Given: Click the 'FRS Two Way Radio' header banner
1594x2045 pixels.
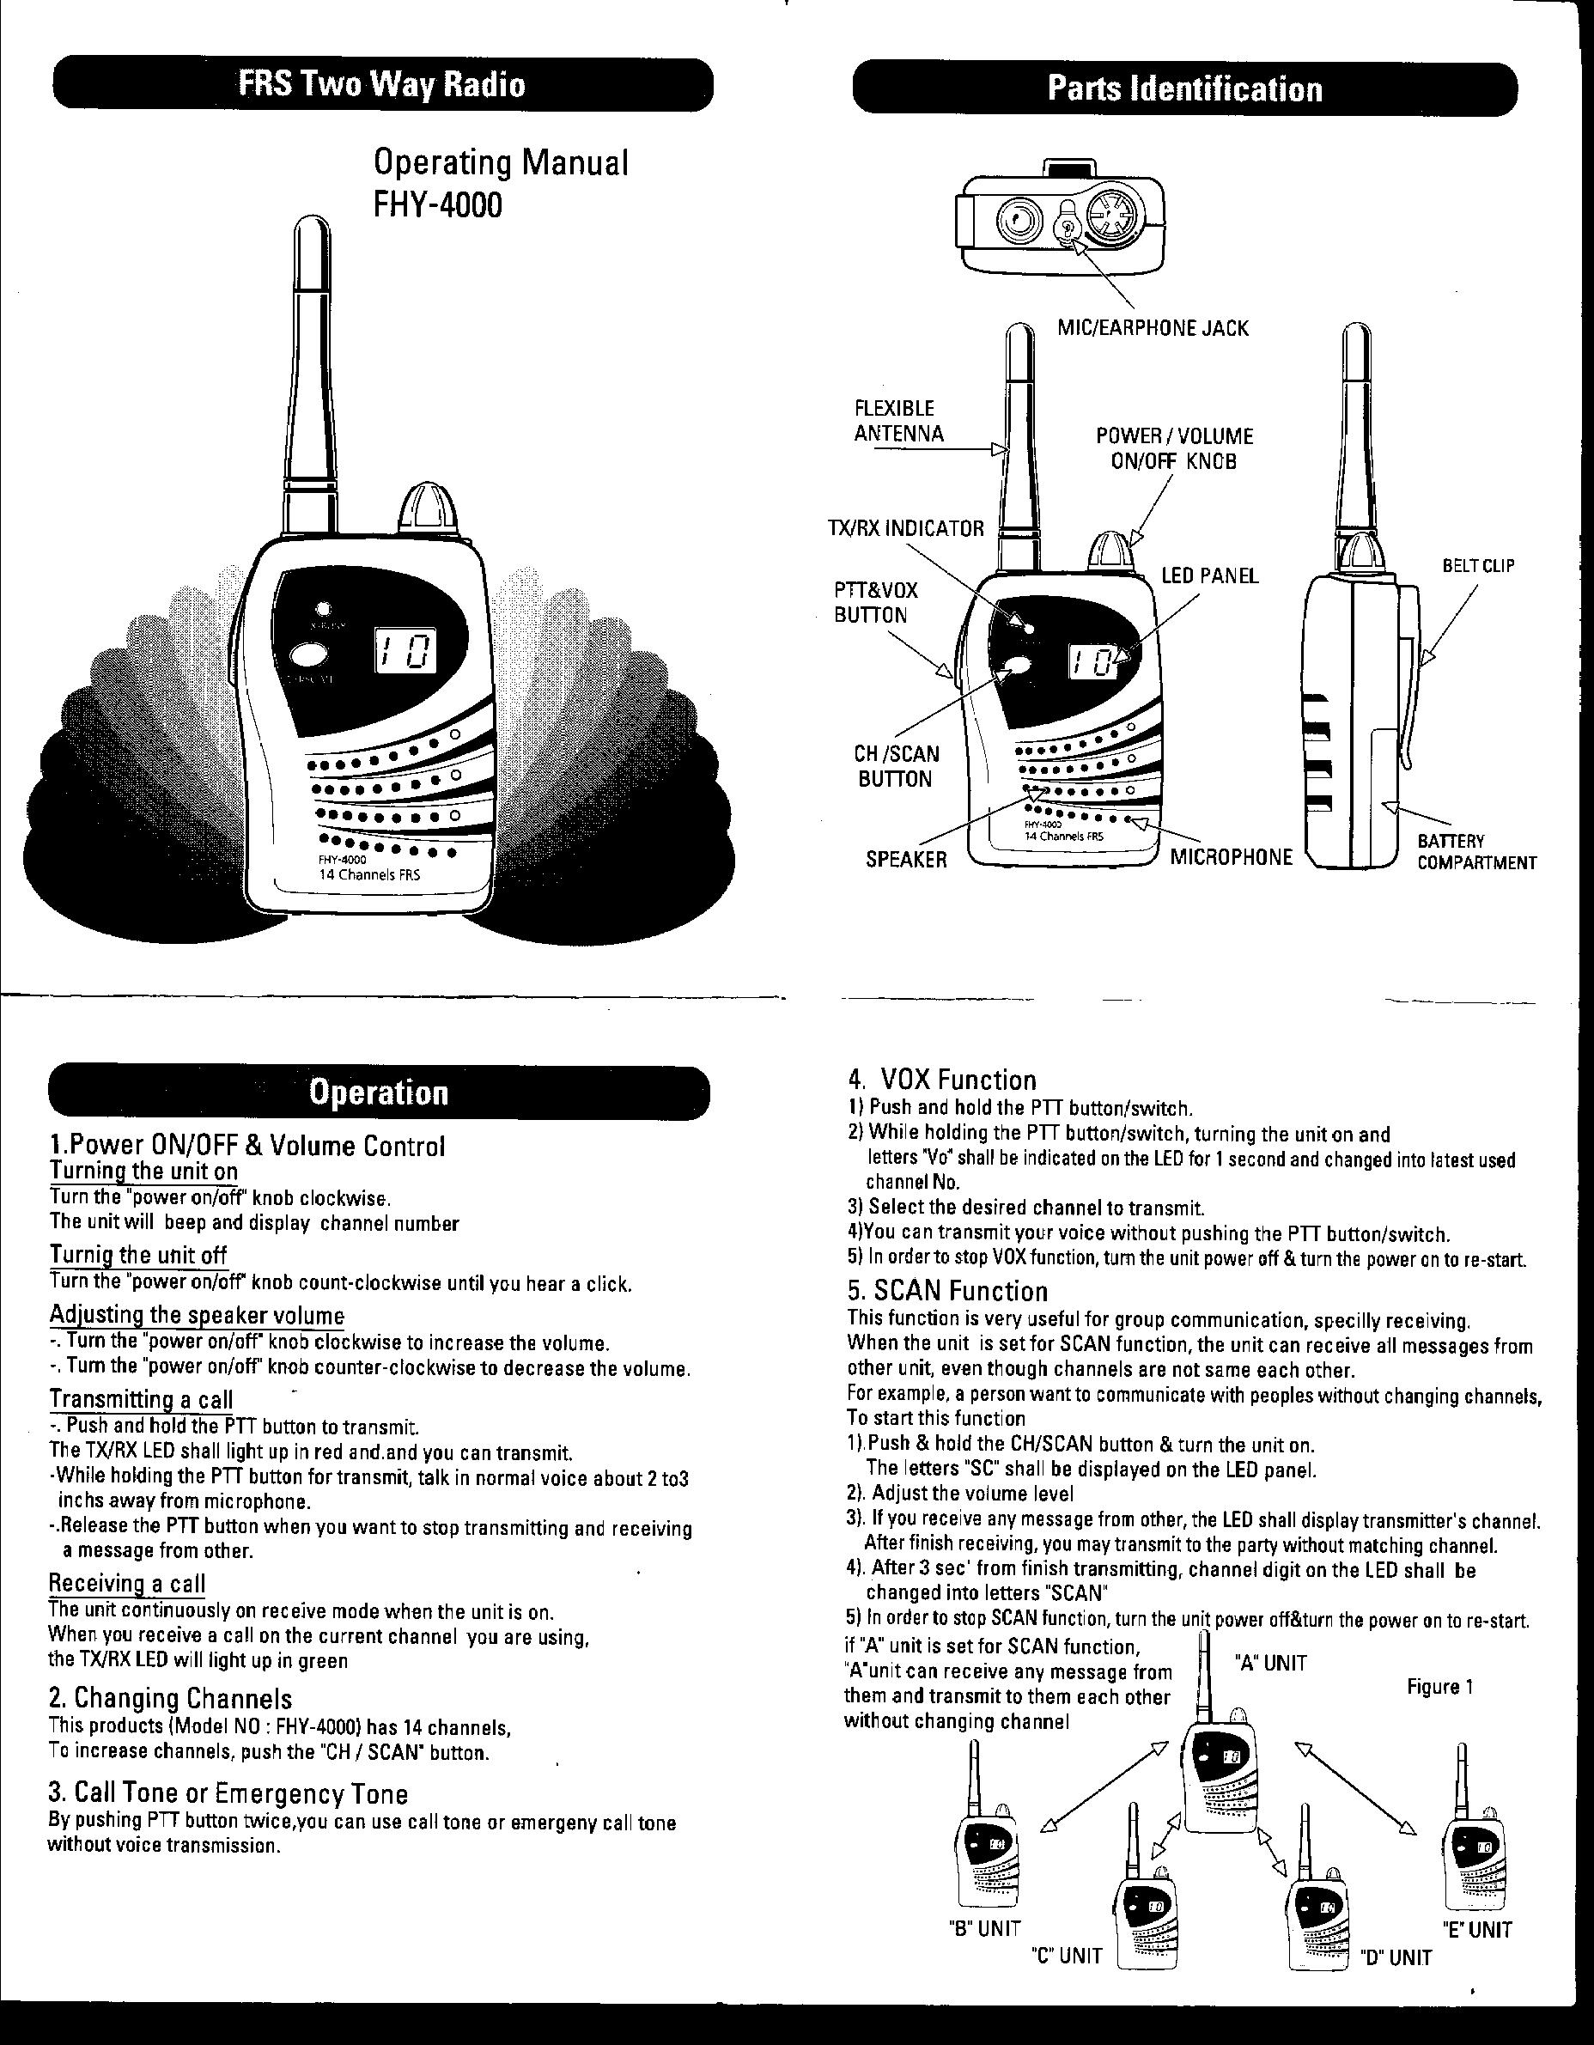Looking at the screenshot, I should click(382, 85).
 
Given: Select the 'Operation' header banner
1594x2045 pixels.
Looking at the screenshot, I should click(379, 1092).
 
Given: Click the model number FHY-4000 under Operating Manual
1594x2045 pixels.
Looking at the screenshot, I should click(437, 204).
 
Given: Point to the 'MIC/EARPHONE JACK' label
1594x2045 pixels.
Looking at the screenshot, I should click(1153, 328).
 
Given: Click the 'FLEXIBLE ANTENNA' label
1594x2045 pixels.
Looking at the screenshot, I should click(898, 422).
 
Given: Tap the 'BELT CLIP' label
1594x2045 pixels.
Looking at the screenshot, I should click(1478, 565).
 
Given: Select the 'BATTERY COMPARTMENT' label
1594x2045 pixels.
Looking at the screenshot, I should click(1476, 852).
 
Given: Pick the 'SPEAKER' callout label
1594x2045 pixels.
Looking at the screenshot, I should click(905, 860).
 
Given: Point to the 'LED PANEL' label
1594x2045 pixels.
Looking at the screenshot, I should click(1210, 575).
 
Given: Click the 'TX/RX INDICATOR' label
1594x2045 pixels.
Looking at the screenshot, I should click(904, 528).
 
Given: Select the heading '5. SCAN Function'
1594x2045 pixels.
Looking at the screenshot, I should click(946, 1291).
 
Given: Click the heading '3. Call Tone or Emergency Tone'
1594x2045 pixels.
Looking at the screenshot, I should click(228, 1794).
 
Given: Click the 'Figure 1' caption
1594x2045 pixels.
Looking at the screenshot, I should click(1439, 1686).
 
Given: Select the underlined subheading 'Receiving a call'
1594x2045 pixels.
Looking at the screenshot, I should click(126, 1584).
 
